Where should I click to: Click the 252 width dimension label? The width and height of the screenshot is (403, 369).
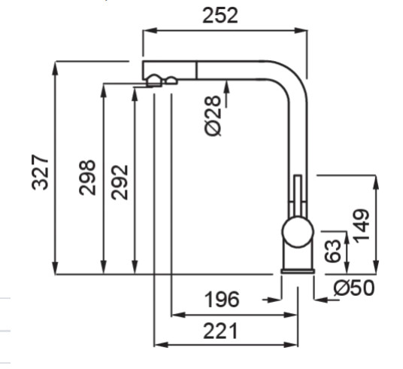(x=220, y=16)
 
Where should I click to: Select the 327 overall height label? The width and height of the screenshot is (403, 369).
(x=40, y=172)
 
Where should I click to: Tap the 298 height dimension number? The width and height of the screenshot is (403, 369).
(x=87, y=178)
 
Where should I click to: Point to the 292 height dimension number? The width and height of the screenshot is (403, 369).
(x=120, y=182)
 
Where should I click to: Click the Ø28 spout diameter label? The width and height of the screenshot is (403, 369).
(x=213, y=116)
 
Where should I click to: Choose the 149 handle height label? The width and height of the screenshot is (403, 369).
(x=362, y=226)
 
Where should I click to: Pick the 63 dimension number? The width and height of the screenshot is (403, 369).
(x=332, y=251)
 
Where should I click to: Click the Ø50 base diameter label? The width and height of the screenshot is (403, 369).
(x=354, y=288)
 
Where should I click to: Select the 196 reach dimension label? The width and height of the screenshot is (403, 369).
(x=222, y=299)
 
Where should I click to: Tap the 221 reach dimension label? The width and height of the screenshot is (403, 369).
(x=220, y=331)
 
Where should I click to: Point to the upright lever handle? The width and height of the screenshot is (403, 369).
(x=298, y=196)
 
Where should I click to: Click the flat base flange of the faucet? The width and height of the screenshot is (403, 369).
(x=298, y=271)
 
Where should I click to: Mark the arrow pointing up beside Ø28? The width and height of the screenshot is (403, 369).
(x=227, y=93)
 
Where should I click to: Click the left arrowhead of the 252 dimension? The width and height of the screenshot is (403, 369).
(x=150, y=31)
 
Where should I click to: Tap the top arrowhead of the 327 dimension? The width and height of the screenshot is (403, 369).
(x=55, y=69)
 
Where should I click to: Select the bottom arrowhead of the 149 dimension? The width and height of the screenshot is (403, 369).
(x=376, y=267)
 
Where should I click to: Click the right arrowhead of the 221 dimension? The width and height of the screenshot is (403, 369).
(x=291, y=345)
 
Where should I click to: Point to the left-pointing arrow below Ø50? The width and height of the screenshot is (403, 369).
(x=326, y=300)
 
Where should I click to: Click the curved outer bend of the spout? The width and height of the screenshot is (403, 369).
(x=296, y=73)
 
